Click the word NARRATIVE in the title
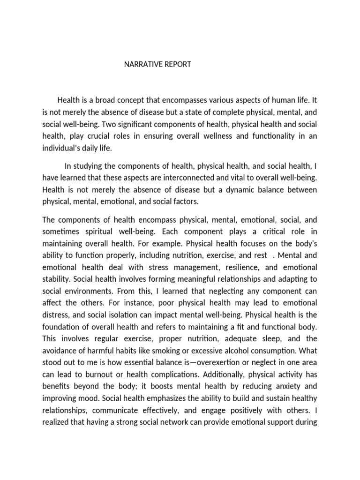click(142, 64)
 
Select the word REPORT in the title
click(176, 64)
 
